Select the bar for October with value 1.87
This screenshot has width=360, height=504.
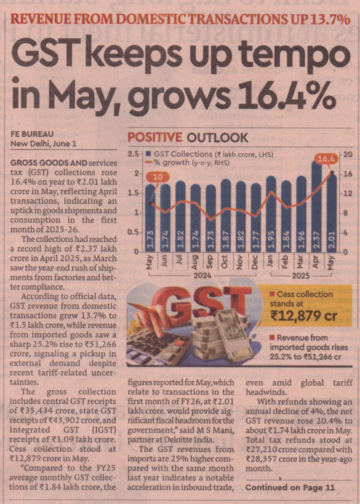(x=225, y=216)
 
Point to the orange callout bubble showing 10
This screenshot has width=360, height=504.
(x=157, y=177)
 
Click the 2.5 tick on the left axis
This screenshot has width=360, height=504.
(x=133, y=154)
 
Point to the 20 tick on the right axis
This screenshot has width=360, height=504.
(x=348, y=154)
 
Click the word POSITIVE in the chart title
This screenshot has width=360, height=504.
(x=155, y=137)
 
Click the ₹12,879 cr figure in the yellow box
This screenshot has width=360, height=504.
(x=304, y=315)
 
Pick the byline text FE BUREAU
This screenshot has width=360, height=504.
(x=32, y=134)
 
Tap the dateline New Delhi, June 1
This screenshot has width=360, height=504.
(x=43, y=144)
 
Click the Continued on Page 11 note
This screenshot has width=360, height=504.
(x=290, y=488)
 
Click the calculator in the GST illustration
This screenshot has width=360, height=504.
(x=158, y=345)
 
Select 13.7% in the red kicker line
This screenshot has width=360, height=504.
(x=328, y=19)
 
